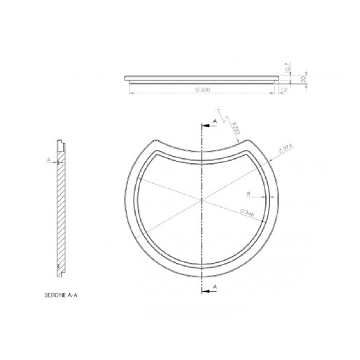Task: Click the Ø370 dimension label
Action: tap(202, 90)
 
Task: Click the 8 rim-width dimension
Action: tap(248, 193)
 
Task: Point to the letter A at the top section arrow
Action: tap(213, 123)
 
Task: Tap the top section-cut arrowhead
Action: tap(205, 127)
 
